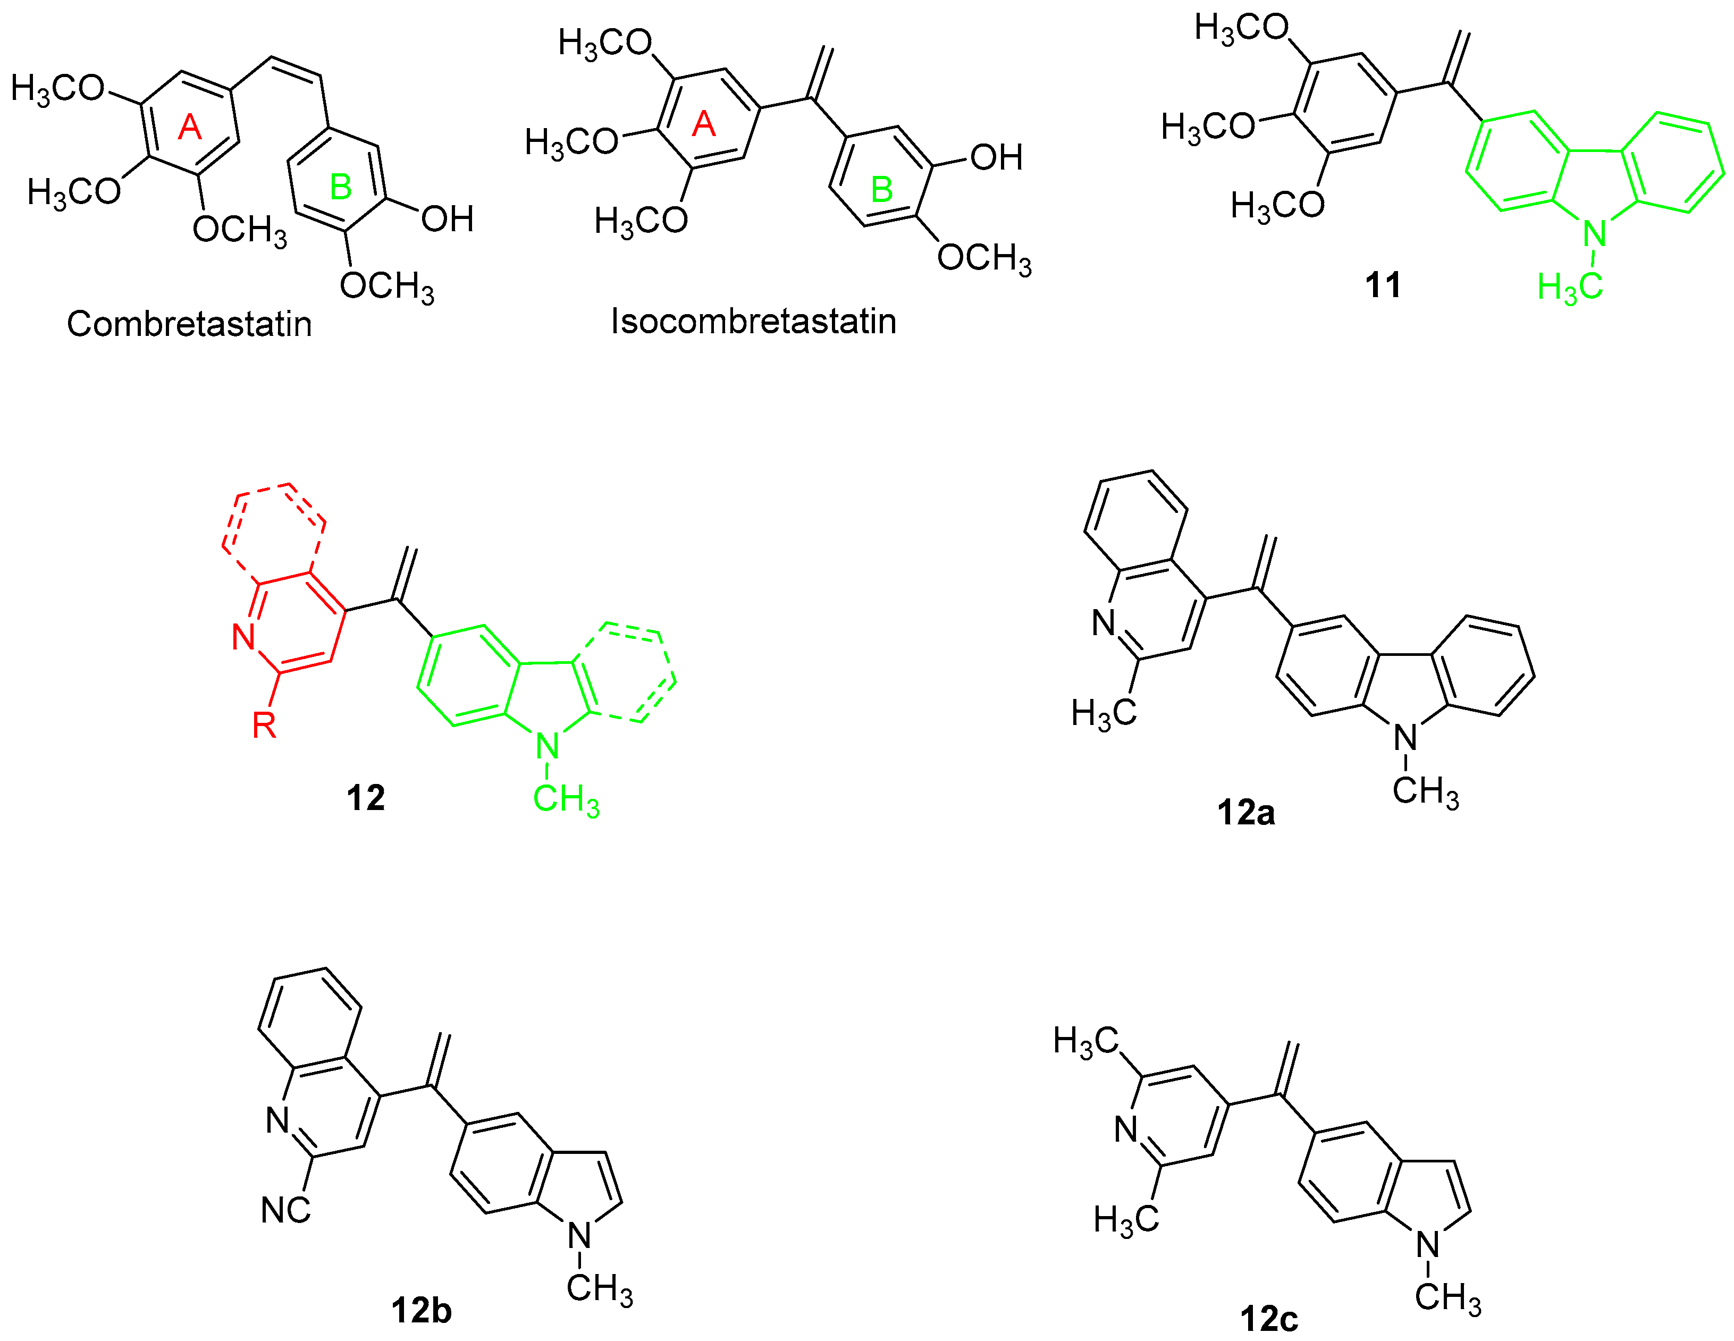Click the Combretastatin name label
coord(189,324)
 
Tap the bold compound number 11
coord(1382,285)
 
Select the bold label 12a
coord(1245,812)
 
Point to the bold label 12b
coord(421,1310)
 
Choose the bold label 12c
coord(1269,1319)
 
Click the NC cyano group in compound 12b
coord(286,1210)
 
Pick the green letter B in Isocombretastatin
coord(881,190)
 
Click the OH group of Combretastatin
coord(447,219)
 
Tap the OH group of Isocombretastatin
coord(996,157)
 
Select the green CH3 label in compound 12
coord(565,799)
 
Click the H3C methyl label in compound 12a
coord(1104,713)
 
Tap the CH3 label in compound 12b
coord(600,1288)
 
